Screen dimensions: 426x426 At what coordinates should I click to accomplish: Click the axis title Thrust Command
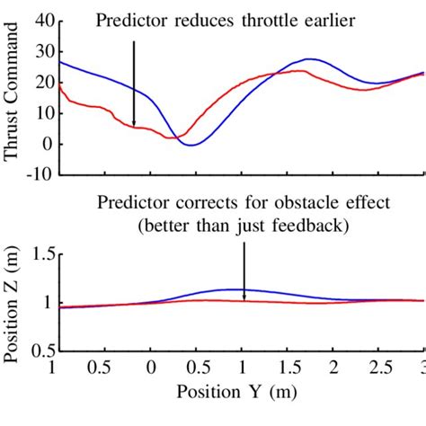coord(12,100)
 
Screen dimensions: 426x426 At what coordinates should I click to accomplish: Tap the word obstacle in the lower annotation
coord(315,202)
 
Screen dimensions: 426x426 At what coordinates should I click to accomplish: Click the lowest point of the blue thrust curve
coord(191,144)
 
